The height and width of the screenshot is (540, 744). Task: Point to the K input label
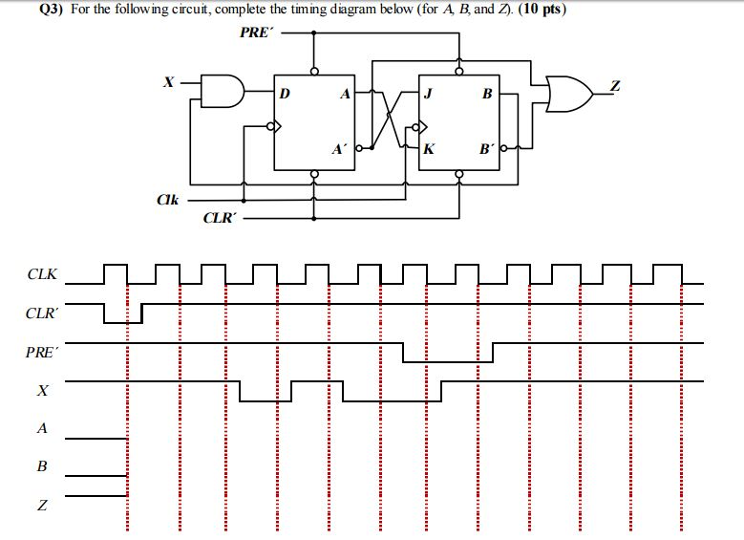429,150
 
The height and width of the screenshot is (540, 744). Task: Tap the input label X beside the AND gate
168,83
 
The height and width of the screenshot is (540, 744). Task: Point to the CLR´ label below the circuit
219,218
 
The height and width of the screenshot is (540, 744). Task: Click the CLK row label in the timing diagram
42,275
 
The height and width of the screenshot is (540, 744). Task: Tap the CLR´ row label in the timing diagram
42,313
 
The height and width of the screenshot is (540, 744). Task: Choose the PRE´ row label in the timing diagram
42,353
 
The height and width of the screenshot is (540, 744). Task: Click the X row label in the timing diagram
42,392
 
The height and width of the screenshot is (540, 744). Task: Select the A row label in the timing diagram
41,428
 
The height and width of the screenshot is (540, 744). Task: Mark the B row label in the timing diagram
41,467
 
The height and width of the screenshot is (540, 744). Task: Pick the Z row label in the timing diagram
41,506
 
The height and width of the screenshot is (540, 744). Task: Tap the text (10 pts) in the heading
539,11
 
